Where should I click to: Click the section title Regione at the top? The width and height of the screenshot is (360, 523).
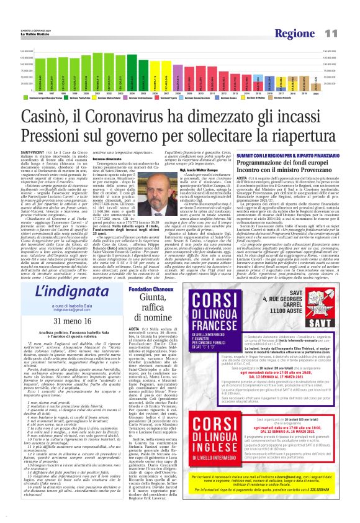point(299,33)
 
